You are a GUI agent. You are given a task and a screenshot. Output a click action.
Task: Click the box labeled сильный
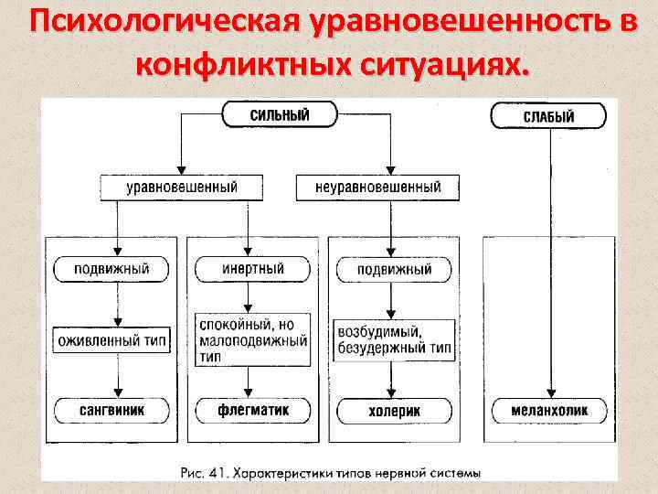point(279,115)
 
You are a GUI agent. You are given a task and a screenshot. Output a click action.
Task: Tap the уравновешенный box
point(181,187)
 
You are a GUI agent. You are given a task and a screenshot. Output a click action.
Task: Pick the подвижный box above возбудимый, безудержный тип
point(394,270)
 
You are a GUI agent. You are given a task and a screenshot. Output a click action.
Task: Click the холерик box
point(394,411)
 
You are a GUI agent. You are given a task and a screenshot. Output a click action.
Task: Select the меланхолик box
point(548,410)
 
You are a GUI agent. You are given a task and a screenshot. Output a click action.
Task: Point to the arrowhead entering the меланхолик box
point(548,392)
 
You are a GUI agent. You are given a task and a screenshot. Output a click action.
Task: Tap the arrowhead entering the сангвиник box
point(117,392)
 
